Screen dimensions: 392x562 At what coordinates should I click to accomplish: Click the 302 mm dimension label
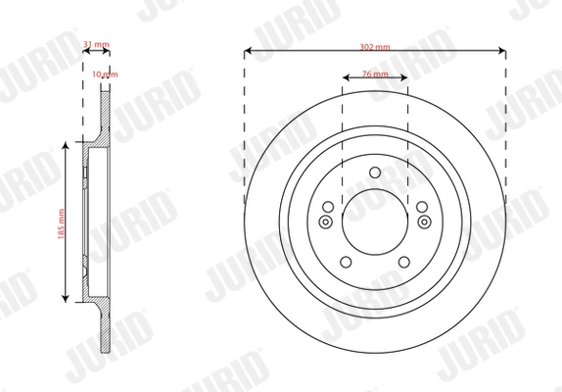click(375, 46)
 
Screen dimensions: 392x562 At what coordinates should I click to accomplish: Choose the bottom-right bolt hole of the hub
click(401, 261)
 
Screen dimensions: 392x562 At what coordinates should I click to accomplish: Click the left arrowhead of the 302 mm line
click(247, 50)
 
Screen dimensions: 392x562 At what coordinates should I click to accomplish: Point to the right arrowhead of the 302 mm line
click(503, 50)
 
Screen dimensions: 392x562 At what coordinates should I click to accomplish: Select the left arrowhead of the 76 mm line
click(344, 78)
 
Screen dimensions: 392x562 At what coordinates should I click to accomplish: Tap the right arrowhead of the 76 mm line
click(406, 78)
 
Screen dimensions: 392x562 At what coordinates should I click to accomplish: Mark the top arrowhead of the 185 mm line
click(67, 144)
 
